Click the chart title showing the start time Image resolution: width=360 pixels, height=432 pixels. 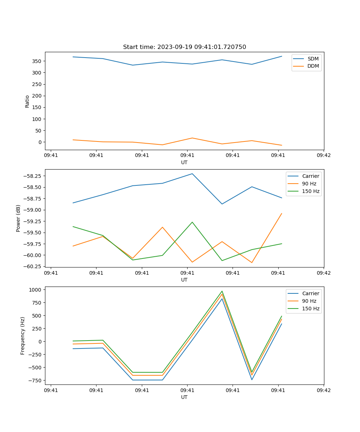coord(184,47)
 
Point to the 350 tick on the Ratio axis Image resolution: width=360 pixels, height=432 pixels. coord(37,61)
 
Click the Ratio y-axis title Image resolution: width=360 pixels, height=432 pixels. coord(27,101)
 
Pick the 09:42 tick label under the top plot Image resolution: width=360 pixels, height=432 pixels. coord(324,156)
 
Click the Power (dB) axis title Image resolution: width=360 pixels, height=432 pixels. coord(18,218)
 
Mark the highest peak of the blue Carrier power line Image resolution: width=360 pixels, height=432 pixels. coord(192,174)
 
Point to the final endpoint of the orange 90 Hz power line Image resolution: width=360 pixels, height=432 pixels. coord(282,213)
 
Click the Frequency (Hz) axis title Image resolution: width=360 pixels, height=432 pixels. coord(23,336)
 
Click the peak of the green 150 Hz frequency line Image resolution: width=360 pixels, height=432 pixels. coord(222,291)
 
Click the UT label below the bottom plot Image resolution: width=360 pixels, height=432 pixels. coord(184,397)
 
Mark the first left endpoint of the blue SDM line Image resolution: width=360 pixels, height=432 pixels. coord(73,57)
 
